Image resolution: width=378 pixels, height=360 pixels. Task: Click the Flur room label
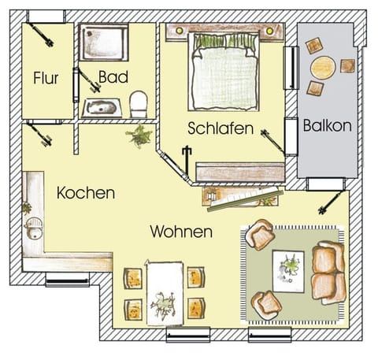[x=46, y=78]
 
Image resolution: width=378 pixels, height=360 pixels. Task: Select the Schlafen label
[x=220, y=127]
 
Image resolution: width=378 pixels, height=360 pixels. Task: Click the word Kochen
[x=86, y=193]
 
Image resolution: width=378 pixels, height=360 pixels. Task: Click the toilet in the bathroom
[x=139, y=103]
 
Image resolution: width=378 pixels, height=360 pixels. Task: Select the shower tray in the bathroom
[x=104, y=42]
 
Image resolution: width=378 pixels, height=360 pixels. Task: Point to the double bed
[x=225, y=72]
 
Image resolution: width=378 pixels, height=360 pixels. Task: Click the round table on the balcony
[x=323, y=68]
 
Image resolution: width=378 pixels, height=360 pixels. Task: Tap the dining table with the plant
[x=165, y=292]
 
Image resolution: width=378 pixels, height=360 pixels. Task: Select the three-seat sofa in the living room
[x=327, y=273]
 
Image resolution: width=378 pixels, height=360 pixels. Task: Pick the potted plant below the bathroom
[x=140, y=135]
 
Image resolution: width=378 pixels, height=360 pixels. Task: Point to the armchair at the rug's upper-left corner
[x=258, y=235]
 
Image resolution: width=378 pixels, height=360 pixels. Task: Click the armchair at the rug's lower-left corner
[x=266, y=303]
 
